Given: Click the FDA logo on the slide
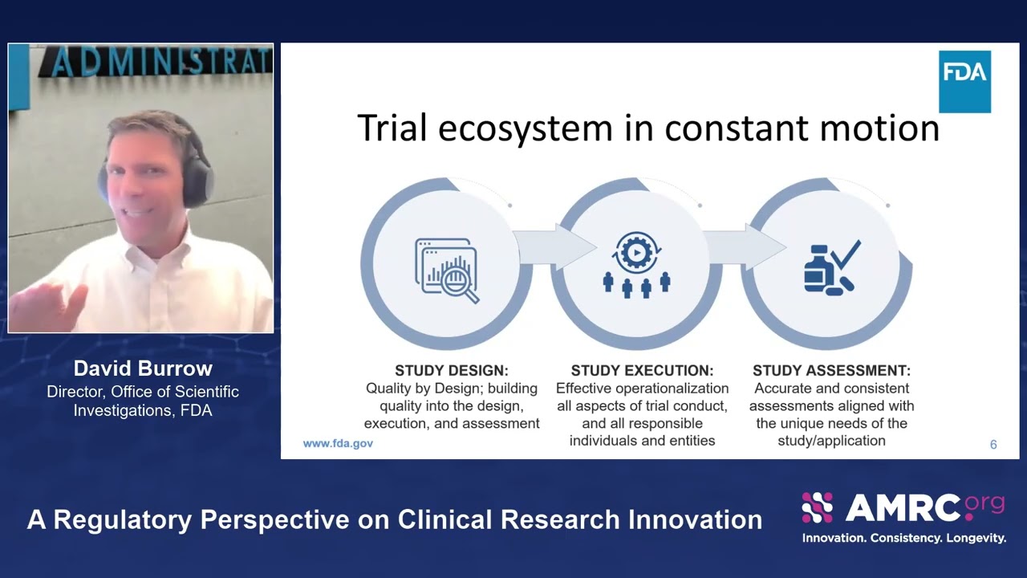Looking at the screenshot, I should click(x=964, y=81).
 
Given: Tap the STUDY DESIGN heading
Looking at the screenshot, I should click(x=451, y=371).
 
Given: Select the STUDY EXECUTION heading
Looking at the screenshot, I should click(x=642, y=371).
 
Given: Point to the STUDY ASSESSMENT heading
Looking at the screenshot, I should click(x=831, y=371).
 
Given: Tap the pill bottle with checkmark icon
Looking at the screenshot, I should click(x=831, y=267).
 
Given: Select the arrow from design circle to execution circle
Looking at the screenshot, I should click(x=550, y=248).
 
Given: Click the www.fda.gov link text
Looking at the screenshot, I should click(x=338, y=443).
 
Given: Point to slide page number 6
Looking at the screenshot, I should click(x=993, y=444).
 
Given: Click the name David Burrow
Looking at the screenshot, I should click(x=143, y=368).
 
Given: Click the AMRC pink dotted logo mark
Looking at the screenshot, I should click(x=817, y=507).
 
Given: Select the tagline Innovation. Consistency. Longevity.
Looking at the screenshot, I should click(x=903, y=538).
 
